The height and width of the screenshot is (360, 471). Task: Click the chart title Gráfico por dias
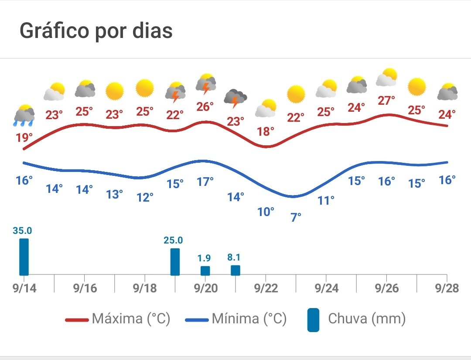coord(96,31)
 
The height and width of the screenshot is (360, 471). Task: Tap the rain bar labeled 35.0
coord(24,257)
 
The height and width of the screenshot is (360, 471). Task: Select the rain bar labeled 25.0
coord(175,261)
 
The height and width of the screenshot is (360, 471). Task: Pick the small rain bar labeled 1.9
coord(205,271)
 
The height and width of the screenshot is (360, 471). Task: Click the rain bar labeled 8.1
coord(235,270)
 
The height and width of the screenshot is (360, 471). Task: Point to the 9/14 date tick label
coord(24,288)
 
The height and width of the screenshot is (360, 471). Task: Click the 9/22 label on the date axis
coord(266,288)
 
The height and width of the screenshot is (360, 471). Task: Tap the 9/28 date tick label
coord(447,288)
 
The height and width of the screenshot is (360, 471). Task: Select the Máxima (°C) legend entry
coord(118,319)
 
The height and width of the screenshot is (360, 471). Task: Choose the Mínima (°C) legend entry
coord(236,319)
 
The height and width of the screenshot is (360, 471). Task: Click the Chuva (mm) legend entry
coord(357,319)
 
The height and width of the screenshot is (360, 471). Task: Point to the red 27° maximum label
coord(386,100)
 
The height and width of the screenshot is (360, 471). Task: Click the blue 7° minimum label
coord(296,216)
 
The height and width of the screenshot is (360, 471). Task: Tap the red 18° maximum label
coord(266,130)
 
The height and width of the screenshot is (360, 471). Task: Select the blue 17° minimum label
coord(205,181)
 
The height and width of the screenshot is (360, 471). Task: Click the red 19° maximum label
coord(24,138)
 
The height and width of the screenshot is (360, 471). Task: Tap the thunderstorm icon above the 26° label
coord(205,84)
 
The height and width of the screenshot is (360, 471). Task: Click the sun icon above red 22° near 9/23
coord(296,94)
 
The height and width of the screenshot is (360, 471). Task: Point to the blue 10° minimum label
coord(266,212)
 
